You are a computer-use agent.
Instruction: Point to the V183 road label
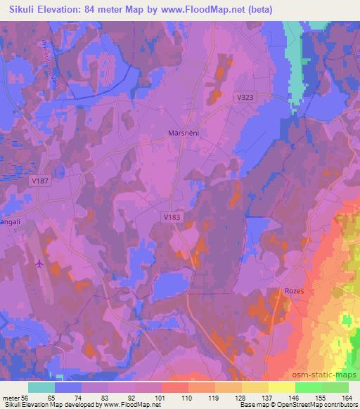(172, 217)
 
